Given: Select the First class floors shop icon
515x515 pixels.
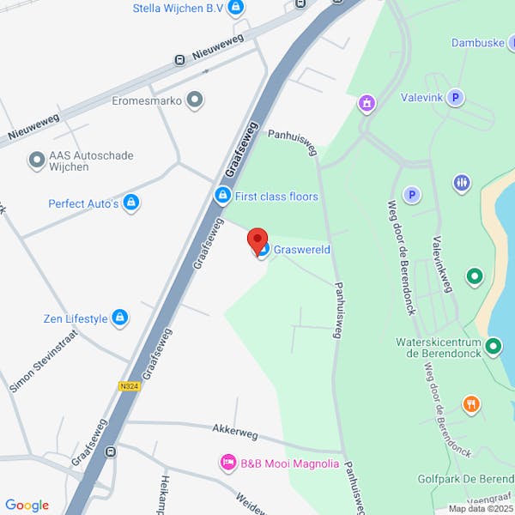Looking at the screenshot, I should [x=222, y=197].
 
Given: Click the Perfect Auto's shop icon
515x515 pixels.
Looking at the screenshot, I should [x=131, y=203].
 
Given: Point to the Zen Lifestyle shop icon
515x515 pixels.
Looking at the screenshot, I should [x=120, y=318].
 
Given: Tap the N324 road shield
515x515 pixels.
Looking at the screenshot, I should [x=130, y=386].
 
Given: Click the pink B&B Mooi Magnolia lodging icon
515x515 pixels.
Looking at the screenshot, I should [x=228, y=463].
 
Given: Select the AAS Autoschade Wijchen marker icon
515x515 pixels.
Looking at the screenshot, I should [x=36, y=160].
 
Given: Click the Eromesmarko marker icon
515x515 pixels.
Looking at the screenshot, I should [x=196, y=100].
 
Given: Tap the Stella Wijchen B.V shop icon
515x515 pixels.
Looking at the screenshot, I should [x=237, y=8].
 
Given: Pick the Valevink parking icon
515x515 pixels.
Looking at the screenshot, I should [x=456, y=98].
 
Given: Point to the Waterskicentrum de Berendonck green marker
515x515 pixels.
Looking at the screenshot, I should [x=493, y=347].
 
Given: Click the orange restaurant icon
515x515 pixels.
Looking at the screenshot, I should [x=470, y=403].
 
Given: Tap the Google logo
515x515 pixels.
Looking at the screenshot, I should [x=27, y=506].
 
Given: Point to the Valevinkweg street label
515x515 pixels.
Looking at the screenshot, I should [x=442, y=264].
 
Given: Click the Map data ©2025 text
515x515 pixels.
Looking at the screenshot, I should [x=481, y=508].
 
